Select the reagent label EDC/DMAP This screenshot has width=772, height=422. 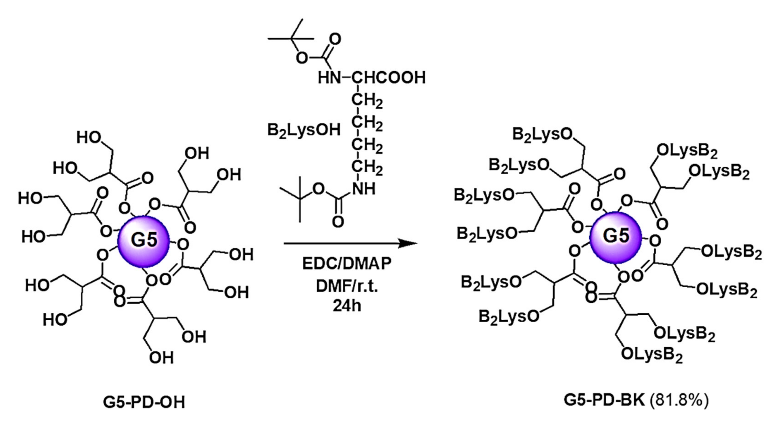pos(347,264)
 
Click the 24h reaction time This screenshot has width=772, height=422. pos(347,306)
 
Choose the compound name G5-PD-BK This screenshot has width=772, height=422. pos(604,400)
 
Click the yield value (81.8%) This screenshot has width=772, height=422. pos(679,400)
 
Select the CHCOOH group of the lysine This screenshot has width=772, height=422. pos(389,78)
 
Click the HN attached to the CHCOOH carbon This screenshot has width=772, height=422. pos(329,78)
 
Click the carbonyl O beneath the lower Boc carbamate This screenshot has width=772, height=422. pos(338,222)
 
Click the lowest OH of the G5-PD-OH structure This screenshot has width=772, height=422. pos(161,357)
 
